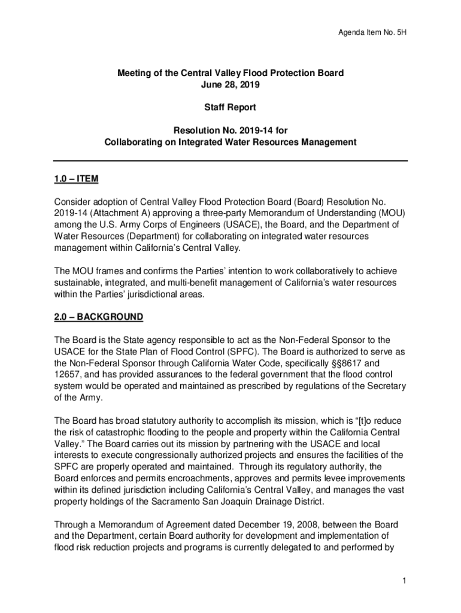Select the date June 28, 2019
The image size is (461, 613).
230,84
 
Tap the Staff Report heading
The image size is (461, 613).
230,108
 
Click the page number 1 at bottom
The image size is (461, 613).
405,581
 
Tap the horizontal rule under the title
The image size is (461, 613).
230,161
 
